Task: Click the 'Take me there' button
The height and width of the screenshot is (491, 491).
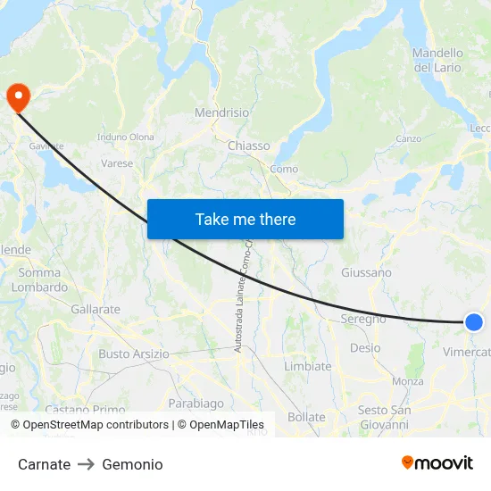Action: click(245, 219)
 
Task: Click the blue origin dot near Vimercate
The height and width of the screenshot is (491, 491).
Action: click(474, 322)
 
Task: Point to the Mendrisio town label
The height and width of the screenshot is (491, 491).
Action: click(222, 114)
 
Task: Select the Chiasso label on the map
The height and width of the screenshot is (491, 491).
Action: click(248, 146)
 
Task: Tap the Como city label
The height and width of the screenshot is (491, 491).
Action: click(284, 169)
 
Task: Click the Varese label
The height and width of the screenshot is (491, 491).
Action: click(117, 163)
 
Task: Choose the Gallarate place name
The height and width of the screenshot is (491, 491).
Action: click(96, 309)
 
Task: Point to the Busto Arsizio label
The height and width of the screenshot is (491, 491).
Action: click(134, 354)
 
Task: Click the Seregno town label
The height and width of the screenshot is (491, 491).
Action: click(363, 319)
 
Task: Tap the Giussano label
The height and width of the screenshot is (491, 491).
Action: click(366, 272)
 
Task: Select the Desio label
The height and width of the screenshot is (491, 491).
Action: click(365, 347)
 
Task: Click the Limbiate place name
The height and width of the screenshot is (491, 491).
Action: click(307, 366)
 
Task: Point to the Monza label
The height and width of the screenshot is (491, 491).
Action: click(408, 381)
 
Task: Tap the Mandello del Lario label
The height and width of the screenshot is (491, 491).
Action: click(437, 60)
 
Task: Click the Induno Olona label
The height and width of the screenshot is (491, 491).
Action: click(126, 137)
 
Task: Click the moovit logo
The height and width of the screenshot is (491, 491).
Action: click(437, 462)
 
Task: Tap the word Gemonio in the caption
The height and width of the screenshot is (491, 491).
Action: click(132, 464)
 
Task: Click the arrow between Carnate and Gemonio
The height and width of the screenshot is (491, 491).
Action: click(86, 464)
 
